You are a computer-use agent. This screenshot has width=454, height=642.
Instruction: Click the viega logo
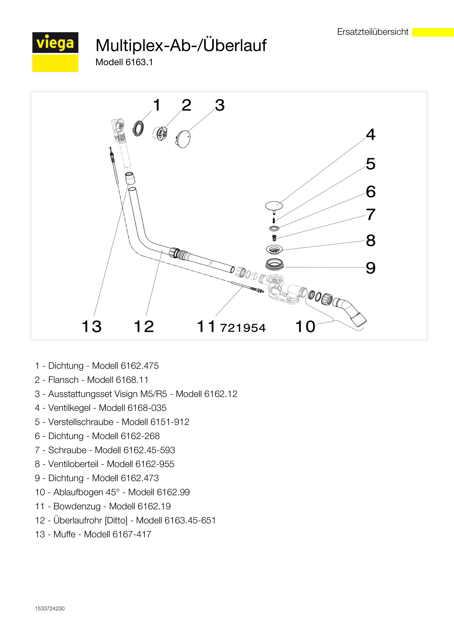tap(55, 52)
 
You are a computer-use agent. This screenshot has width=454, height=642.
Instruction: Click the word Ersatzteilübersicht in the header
tap(373, 32)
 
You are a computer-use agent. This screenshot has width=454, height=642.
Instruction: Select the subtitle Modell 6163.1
tap(124, 62)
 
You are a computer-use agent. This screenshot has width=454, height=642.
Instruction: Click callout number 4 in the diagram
tap(371, 135)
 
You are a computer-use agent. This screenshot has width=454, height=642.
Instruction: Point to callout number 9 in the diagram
tap(371, 268)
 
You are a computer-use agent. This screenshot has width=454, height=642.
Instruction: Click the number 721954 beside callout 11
tap(243, 328)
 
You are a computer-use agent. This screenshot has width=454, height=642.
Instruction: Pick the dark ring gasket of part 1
tap(138, 128)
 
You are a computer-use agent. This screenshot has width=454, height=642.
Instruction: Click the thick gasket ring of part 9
tap(274, 264)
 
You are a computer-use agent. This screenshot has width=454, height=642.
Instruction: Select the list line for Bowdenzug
tap(103, 506)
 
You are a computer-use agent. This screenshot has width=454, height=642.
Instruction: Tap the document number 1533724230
tap(50, 609)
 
